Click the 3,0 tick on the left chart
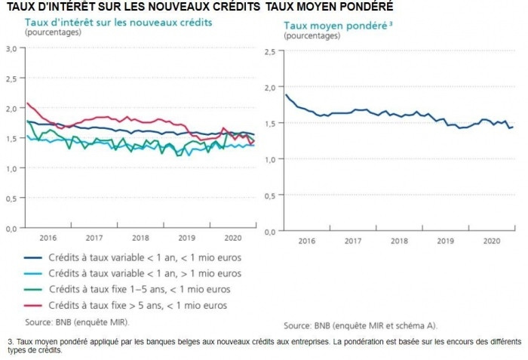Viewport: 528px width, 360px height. click(x=11, y=48)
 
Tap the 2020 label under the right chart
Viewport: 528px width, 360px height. click(x=491, y=241)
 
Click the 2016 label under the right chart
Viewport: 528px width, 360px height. click(x=307, y=241)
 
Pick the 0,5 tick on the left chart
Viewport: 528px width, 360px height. click(x=11, y=198)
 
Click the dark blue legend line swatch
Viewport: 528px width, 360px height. click(x=32, y=257)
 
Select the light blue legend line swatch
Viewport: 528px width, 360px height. click(x=32, y=273)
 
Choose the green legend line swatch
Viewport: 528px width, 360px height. click(x=32, y=289)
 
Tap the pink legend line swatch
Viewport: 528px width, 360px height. click(x=32, y=306)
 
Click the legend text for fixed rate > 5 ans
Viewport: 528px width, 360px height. click(x=138, y=306)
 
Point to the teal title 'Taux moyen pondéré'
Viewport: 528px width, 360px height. click(x=335, y=26)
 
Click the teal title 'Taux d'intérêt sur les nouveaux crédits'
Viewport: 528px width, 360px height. click(x=118, y=23)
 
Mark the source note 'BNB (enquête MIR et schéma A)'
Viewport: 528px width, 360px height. click(x=360, y=325)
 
